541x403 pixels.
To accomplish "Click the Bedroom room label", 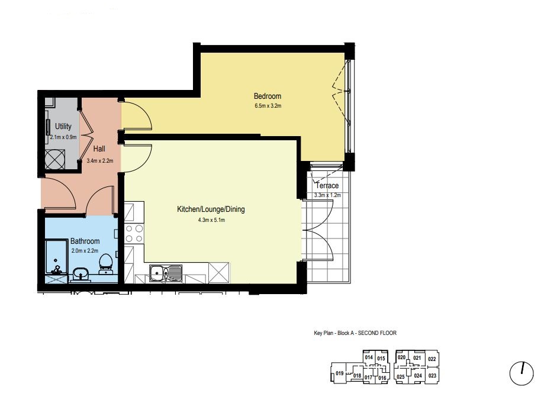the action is click(268, 96).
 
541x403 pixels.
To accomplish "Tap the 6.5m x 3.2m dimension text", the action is click(268, 105).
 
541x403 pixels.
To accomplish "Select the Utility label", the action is click(63, 126).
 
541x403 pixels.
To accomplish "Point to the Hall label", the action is click(99, 149).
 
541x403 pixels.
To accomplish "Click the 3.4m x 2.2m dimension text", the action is click(99, 160).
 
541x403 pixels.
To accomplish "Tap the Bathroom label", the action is click(85, 241).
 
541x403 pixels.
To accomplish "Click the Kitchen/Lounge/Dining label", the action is click(211, 209).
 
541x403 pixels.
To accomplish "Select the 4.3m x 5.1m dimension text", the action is click(211, 220).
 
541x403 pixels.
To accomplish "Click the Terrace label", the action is click(327, 185).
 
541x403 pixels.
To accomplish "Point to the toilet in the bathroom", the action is click(105, 264).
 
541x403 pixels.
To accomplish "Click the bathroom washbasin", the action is click(81, 274).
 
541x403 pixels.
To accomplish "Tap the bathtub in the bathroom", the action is click(56, 257).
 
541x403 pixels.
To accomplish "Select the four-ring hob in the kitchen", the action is click(134, 233).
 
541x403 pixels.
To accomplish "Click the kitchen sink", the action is click(166, 273).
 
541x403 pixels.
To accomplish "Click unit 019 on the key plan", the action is click(340, 373).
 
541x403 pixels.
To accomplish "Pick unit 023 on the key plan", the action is click(432, 376).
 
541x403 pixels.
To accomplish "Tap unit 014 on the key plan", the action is click(369, 357).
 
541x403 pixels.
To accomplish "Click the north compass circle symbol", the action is click(521, 373).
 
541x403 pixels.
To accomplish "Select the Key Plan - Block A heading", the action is click(355, 333).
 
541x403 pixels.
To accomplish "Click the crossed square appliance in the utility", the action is click(55, 159).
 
